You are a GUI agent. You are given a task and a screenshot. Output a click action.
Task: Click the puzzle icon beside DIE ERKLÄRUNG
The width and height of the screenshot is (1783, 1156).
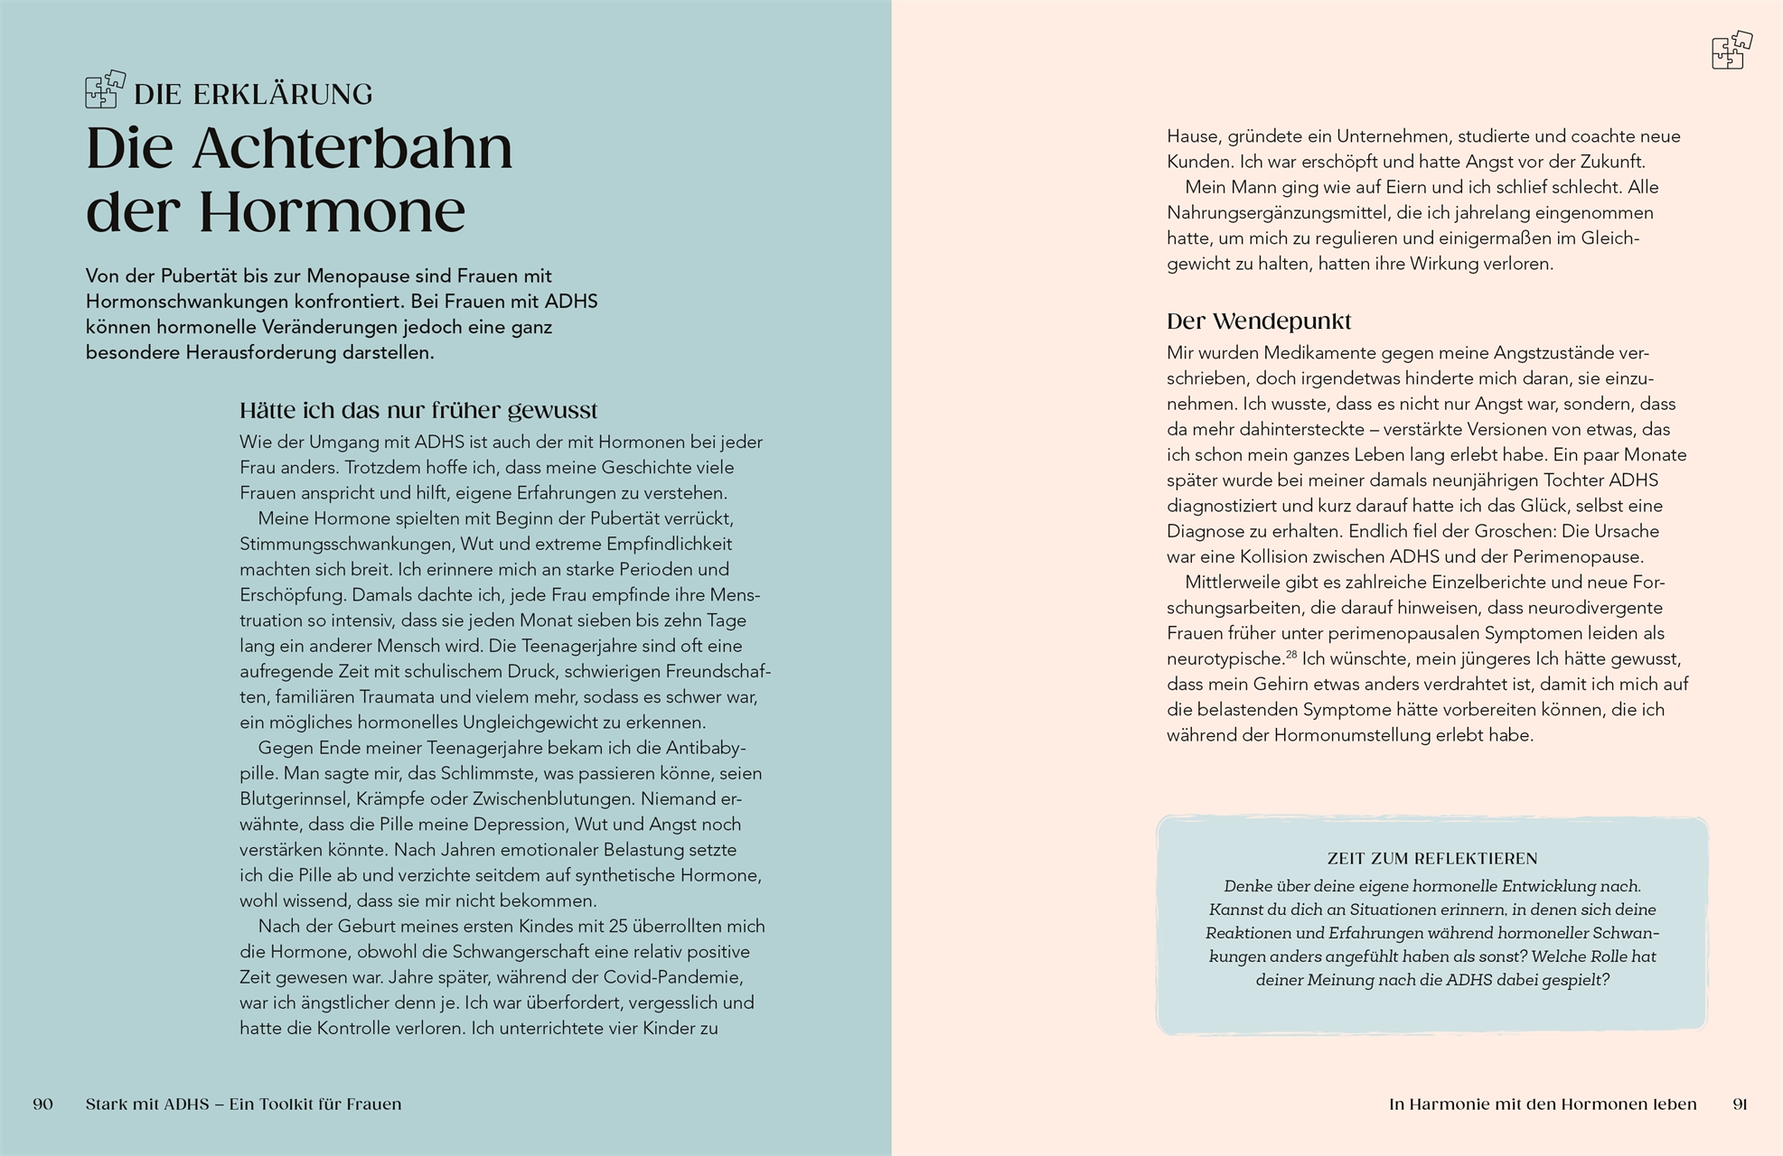coord(105,89)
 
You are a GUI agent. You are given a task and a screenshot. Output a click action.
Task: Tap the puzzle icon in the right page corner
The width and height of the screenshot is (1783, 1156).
coord(1731,51)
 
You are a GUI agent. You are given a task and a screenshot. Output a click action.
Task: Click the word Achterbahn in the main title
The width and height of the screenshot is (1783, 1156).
coord(352,149)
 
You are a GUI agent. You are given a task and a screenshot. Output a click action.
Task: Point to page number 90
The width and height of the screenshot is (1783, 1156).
coord(42,1104)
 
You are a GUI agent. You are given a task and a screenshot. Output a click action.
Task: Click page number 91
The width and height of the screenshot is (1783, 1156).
coord(1740,1104)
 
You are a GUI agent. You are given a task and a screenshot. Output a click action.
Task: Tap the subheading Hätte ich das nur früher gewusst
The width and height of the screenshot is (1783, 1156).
coord(418,411)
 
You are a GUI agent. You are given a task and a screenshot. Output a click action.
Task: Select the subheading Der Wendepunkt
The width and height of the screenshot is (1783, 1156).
coord(1259,322)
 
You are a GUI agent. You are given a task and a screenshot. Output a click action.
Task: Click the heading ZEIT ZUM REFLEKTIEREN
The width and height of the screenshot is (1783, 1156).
coord(1432,858)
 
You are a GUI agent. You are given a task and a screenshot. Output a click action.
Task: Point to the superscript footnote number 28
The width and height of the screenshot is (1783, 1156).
coord(1291,655)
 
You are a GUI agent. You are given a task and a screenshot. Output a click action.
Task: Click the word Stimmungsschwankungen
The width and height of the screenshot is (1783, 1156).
coord(345,545)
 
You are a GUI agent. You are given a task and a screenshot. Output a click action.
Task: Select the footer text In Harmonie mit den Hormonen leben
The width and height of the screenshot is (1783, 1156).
coord(1543,1104)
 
